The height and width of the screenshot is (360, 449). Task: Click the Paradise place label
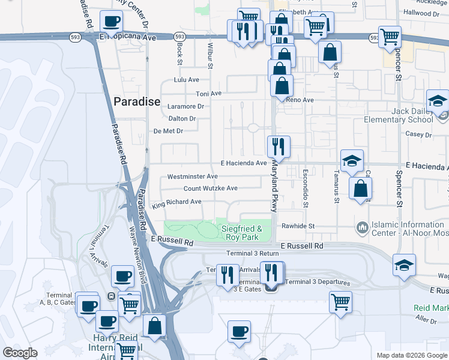coord(136,101)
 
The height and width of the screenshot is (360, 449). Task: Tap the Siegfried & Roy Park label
coord(242,233)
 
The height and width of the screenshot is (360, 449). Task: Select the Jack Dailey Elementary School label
coord(399,115)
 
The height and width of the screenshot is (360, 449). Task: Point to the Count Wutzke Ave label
coord(211,188)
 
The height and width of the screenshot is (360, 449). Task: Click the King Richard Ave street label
coord(176,203)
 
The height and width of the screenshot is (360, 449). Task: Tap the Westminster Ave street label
coord(192,176)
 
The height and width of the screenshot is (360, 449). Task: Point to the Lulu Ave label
coord(186,79)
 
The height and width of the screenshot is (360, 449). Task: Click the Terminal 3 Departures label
coord(317,282)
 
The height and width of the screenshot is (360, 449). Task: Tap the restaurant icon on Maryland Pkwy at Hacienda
coord(279,146)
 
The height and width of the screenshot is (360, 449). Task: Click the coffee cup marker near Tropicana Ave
coord(111,22)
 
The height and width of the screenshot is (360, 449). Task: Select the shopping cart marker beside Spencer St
coord(390,37)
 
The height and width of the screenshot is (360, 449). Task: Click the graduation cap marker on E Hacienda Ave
coord(352,160)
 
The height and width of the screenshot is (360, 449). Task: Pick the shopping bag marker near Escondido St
coord(360,189)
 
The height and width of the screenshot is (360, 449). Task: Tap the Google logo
coord(20,353)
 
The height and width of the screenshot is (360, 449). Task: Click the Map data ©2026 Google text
coord(411,355)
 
